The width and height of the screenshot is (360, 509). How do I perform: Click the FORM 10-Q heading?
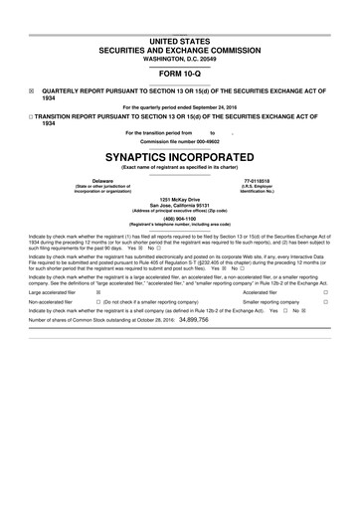[x=179, y=75]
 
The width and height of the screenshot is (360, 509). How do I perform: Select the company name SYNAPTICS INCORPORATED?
[x=179, y=156]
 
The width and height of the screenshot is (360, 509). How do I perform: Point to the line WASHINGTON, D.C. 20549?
[x=179, y=58]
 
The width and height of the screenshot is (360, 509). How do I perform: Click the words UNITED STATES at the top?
[x=179, y=37]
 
